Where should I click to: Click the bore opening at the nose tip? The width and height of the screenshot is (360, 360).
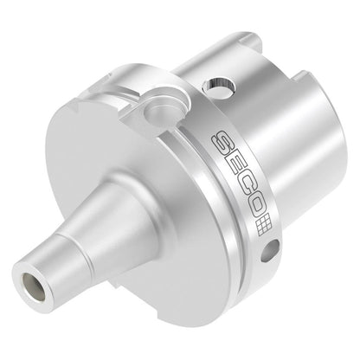pos(34,284)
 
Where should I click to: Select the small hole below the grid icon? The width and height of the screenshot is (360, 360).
pos(270,250)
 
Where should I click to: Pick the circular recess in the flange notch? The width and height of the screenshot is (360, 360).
pos(157,112)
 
